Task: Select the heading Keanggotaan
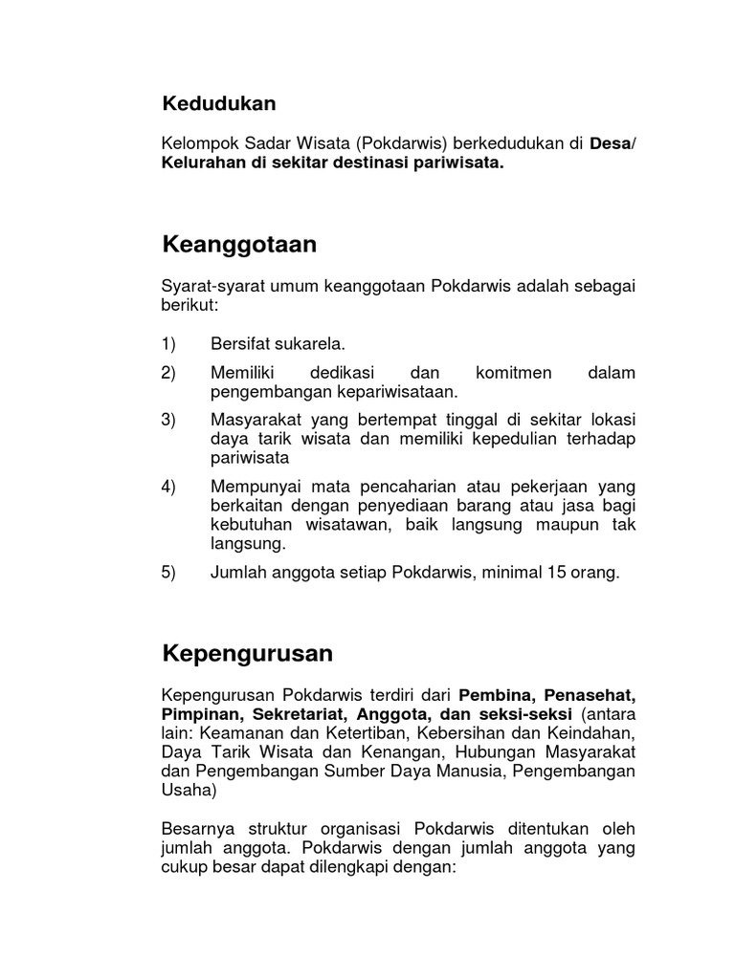pos(239,245)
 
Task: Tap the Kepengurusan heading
pos(247,654)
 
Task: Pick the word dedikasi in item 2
pos(341,373)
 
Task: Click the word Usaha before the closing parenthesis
pos(188,790)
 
